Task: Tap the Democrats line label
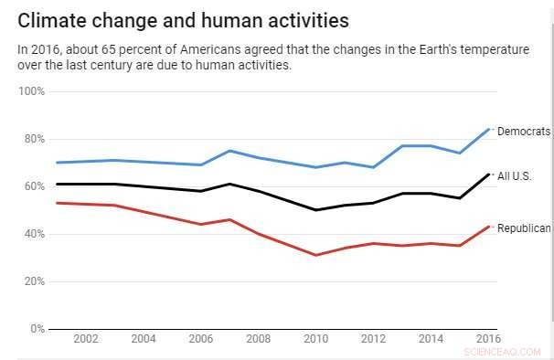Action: click(524, 132)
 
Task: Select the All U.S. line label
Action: click(514, 175)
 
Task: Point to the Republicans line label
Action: click(524, 228)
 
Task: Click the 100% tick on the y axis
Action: click(32, 91)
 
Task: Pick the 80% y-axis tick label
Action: click(34, 139)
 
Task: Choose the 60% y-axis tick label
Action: click(34, 186)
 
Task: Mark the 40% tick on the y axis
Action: click(34, 234)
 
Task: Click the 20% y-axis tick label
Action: click(34, 281)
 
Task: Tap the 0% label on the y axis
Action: click(37, 329)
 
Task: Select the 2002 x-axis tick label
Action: click(86, 339)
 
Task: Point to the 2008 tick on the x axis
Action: click(259, 339)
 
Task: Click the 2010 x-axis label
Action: click(316, 339)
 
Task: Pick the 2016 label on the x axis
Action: click(488, 339)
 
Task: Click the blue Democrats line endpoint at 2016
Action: click(489, 129)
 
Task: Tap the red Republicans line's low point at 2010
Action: click(316, 255)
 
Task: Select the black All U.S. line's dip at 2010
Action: click(316, 210)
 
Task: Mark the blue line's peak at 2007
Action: click(229, 151)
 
